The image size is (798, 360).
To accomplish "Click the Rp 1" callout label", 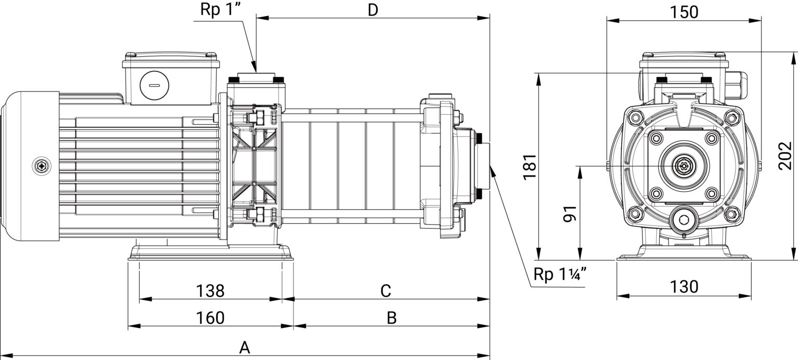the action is [x=222, y=10].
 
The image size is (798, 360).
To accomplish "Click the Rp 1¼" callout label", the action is [x=560, y=274].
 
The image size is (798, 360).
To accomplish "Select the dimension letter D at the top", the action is [x=373, y=10].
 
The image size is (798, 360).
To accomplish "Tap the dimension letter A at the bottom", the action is [x=244, y=347].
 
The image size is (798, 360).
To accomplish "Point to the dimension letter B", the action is [x=392, y=317].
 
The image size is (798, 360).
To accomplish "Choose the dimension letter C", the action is [x=386, y=290].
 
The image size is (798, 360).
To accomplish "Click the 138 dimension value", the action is [x=210, y=290].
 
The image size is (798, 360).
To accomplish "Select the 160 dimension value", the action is [x=210, y=317].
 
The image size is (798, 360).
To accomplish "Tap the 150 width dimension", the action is [x=684, y=12].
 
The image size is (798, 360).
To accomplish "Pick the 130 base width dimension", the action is [x=684, y=287].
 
